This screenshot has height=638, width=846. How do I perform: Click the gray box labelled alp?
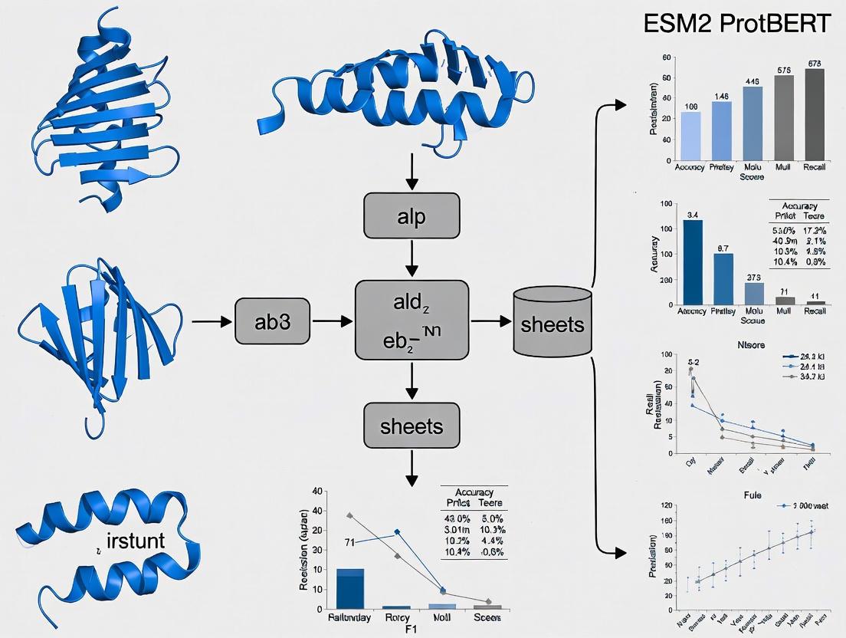tap(412, 216)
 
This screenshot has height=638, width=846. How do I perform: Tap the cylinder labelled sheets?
tap(552, 322)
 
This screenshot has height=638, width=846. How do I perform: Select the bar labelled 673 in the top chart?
tap(814, 115)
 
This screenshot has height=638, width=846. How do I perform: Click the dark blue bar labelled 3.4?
tap(692, 262)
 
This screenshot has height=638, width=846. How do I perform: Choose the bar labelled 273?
tap(753, 294)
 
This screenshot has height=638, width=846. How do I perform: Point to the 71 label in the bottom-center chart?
tap(349, 543)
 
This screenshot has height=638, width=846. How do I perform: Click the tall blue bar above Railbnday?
tap(350, 588)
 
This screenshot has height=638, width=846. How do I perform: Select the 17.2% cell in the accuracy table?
tap(814, 230)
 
